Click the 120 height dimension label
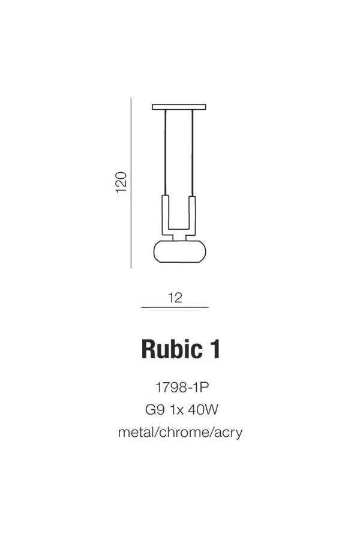click(121, 182)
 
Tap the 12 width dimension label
click(175, 298)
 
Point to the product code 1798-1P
click(182, 388)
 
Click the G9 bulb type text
click(155, 410)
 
